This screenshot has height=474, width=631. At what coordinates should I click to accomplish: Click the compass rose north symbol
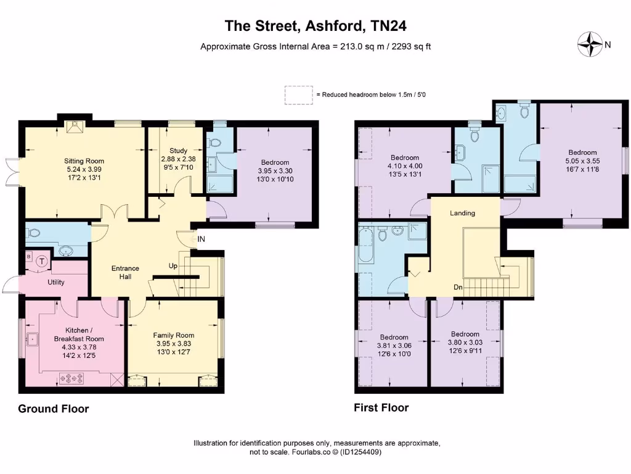590,44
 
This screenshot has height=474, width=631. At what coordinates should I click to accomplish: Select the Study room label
178,151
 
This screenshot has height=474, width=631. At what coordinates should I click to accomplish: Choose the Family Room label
173,335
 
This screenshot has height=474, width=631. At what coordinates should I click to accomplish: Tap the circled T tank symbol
42,261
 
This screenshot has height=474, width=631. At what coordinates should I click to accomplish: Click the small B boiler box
28,256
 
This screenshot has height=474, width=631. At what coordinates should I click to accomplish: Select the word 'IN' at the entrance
201,239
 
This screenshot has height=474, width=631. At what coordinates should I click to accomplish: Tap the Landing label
462,213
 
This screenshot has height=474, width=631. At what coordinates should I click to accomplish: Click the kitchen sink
31,339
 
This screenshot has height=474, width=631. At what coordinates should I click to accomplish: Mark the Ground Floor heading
53,409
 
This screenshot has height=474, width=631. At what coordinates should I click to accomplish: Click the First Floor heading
381,407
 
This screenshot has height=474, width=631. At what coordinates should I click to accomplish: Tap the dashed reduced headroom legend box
298,94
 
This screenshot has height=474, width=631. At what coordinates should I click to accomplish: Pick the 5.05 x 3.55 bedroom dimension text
582,161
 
